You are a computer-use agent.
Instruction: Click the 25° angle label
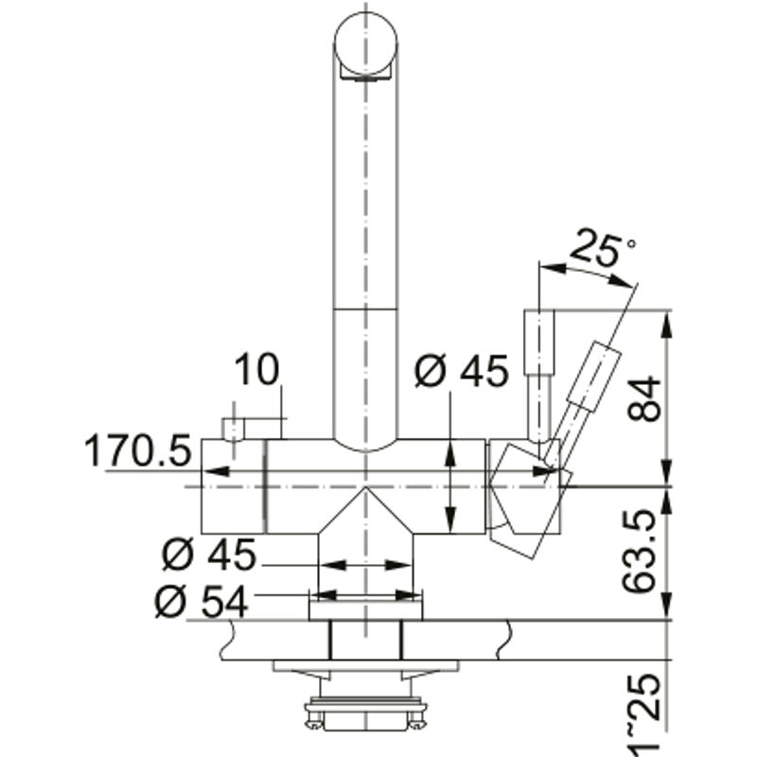[602, 250]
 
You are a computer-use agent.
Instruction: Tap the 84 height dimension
[643, 398]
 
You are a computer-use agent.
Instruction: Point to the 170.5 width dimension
[138, 450]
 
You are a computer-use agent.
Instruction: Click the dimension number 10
[256, 369]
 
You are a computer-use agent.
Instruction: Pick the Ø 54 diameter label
[202, 602]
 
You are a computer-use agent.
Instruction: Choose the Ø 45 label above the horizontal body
[462, 370]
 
